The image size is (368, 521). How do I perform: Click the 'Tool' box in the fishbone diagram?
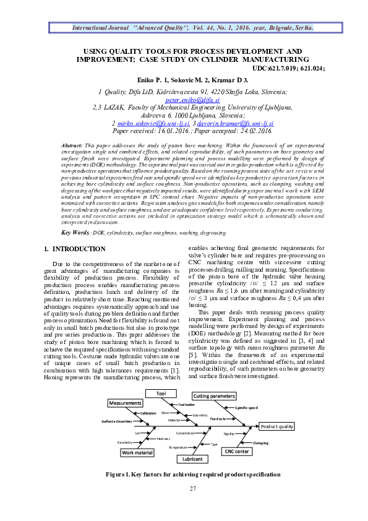[161, 394]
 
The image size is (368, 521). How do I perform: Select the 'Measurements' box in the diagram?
[126, 403]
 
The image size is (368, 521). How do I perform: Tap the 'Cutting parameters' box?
[215, 395]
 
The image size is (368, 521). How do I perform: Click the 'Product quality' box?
[277, 426]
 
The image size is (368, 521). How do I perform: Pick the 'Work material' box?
[137, 452]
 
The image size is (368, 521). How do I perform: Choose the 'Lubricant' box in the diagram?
[192, 459]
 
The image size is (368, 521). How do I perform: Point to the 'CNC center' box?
[237, 452]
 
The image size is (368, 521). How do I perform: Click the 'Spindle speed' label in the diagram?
[247, 408]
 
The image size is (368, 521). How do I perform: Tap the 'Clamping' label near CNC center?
[260, 442]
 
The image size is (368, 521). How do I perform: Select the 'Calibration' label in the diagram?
[148, 413]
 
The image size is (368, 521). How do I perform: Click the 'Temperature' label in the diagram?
[178, 446]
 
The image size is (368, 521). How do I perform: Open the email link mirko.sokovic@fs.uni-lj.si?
[148, 124]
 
